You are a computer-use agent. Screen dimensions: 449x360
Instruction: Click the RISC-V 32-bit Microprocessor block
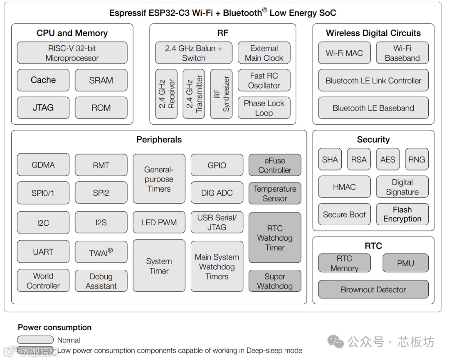72,53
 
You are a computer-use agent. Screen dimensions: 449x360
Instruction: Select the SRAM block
101,80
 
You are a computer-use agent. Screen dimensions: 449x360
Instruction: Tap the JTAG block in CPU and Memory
43,108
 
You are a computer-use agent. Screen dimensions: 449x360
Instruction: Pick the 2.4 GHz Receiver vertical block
166,94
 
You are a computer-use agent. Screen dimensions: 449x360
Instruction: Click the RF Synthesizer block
221,94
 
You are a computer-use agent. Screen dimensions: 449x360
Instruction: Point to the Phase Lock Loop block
264,108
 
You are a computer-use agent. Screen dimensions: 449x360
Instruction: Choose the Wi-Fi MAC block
344,53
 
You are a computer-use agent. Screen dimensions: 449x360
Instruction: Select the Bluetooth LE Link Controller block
373,81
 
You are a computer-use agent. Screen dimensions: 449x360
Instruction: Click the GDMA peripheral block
43,165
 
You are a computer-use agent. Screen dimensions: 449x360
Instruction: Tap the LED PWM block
159,222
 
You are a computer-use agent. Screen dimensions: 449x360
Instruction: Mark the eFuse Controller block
275,165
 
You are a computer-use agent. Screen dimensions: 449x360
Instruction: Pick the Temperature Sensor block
275,193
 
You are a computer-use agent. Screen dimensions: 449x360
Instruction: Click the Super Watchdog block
275,281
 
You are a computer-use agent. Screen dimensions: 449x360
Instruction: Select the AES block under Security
387,160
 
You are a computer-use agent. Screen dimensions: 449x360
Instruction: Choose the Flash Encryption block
402,215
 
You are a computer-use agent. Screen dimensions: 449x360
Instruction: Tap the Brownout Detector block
373,289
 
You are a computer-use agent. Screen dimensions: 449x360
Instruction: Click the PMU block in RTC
405,263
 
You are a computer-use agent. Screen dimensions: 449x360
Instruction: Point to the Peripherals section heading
159,140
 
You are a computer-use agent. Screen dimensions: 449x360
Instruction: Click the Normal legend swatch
35,340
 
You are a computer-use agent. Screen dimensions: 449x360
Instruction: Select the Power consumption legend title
54,328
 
